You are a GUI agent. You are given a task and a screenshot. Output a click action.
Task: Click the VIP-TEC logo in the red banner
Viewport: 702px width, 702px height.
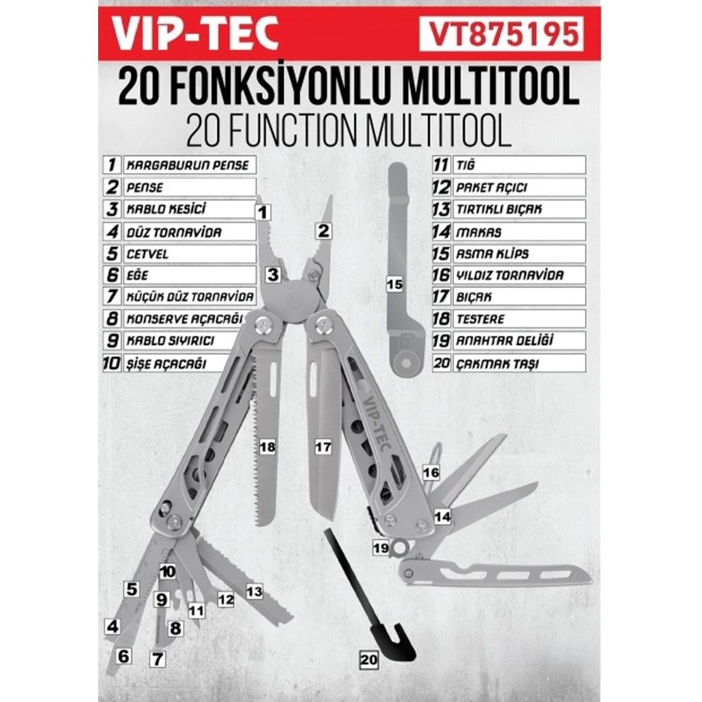(197, 33)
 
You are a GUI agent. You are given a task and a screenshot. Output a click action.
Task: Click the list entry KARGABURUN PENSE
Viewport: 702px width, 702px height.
(189, 166)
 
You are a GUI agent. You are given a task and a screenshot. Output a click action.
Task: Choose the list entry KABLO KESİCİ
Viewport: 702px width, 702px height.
(189, 209)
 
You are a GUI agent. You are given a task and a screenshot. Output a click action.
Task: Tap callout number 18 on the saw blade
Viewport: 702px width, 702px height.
(267, 446)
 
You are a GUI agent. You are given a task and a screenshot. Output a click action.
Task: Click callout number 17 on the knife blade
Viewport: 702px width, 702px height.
(322, 446)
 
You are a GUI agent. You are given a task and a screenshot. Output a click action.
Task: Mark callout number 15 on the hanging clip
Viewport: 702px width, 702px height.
(395, 284)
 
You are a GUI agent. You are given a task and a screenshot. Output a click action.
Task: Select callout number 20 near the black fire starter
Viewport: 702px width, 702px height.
(368, 660)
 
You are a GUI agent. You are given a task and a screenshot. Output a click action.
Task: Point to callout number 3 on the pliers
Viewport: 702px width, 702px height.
(272, 275)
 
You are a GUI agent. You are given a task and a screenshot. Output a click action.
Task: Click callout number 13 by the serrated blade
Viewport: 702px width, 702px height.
(254, 591)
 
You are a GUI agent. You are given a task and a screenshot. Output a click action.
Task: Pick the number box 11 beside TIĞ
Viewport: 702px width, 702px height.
(441, 166)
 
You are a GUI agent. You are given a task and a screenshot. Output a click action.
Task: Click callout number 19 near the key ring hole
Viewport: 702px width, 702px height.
(380, 548)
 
